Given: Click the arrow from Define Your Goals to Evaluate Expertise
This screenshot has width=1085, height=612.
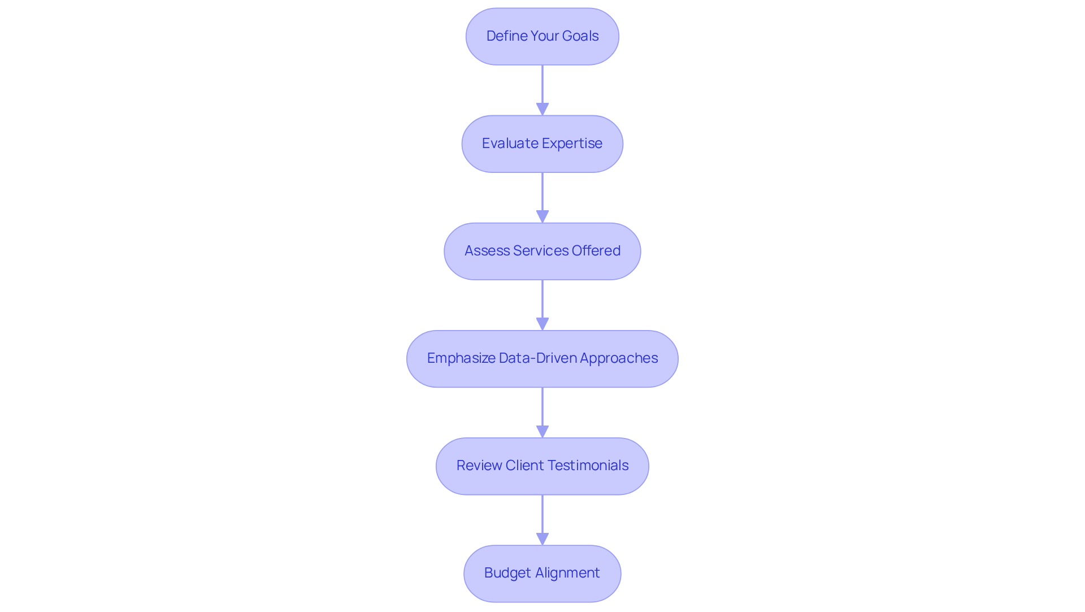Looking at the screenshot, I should [542, 88].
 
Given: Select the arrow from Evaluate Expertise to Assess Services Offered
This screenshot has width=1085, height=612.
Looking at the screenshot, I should [542, 195].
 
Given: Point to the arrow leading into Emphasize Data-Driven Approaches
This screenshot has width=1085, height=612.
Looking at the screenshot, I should [542, 302].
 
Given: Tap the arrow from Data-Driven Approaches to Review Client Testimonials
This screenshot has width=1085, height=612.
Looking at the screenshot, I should [542, 410].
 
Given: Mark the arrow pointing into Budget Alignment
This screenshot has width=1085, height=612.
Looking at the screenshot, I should [542, 517].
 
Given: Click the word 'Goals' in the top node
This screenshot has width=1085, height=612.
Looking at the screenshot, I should [580, 36].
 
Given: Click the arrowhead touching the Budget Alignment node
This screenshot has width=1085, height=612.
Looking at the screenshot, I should [542, 539].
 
